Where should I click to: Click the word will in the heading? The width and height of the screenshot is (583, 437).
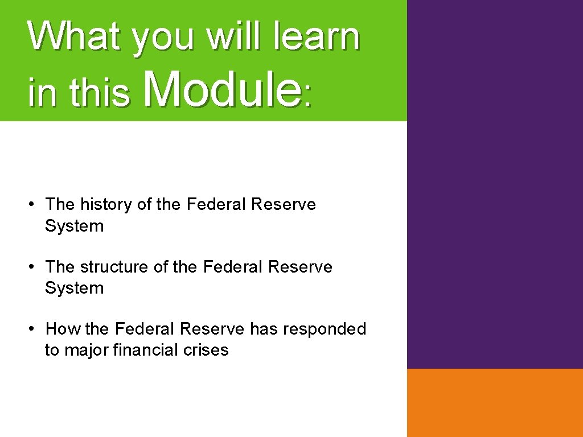(x=235, y=36)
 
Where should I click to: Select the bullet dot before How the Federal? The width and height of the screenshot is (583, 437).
(x=34, y=328)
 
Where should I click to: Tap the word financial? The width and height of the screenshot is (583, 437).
(x=146, y=350)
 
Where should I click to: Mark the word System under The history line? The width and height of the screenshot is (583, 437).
(x=74, y=226)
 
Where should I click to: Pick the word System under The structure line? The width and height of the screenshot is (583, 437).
(x=74, y=288)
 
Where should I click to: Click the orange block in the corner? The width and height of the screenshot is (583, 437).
(x=495, y=402)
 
